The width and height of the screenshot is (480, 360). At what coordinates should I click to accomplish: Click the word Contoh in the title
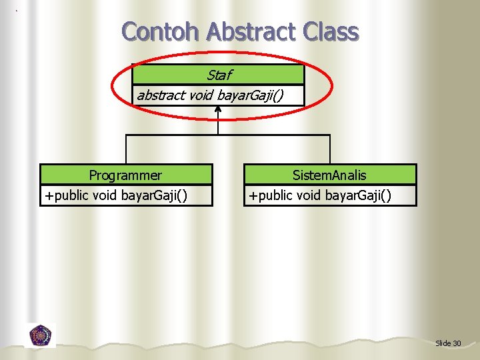pyautogui.click(x=161, y=31)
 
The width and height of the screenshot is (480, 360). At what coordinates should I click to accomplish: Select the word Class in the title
pyautogui.click(x=331, y=31)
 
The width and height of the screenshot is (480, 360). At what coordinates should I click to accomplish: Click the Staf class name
pyautogui.click(x=219, y=75)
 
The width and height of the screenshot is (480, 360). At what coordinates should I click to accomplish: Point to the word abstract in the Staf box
pyautogui.click(x=161, y=95)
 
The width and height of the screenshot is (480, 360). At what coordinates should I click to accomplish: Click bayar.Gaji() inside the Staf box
pyautogui.click(x=250, y=95)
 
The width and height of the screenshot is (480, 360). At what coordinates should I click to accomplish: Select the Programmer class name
pyautogui.click(x=125, y=175)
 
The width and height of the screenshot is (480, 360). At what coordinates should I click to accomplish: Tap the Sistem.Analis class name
pyautogui.click(x=329, y=175)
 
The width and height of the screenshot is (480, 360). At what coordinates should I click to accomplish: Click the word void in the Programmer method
pyautogui.click(x=110, y=196)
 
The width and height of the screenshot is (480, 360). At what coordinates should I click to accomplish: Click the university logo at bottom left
pyautogui.click(x=40, y=335)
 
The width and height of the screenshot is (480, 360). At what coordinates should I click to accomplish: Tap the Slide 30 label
pyautogui.click(x=447, y=343)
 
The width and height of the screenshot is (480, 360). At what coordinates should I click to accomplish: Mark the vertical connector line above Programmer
pyautogui.click(x=126, y=150)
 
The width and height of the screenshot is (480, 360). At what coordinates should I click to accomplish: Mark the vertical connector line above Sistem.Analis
pyautogui.click(x=330, y=150)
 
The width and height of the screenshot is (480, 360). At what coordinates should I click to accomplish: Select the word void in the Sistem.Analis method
pyautogui.click(x=315, y=196)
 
